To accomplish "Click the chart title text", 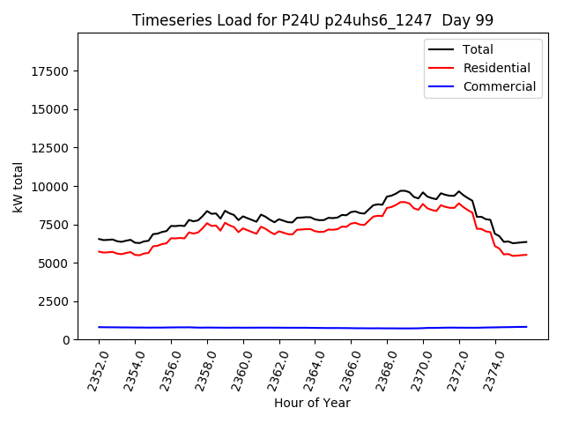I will [x=313, y=20].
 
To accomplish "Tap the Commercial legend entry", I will [x=499, y=86].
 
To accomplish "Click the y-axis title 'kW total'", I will [x=18, y=186].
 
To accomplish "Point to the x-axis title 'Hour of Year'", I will [x=312, y=403].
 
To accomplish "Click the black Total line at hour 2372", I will [x=458, y=191].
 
